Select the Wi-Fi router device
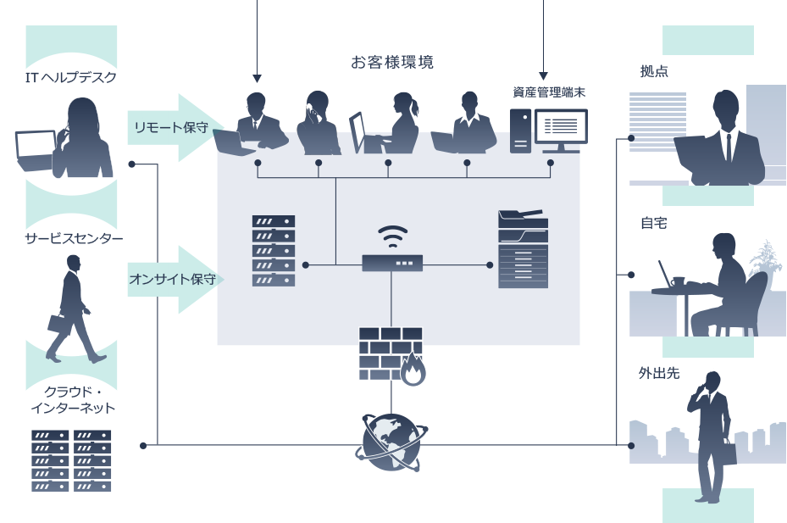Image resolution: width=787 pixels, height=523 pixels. pyautogui.click(x=391, y=262)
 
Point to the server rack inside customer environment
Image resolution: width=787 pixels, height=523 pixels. pyautogui.click(x=274, y=250)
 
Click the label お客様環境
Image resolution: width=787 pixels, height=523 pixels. pyautogui.click(x=392, y=63)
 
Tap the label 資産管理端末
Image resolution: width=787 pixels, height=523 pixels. pyautogui.click(x=548, y=92)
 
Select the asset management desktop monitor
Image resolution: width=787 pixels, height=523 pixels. pyautogui.click(x=559, y=129)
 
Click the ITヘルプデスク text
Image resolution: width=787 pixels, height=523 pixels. pyautogui.click(x=70, y=78)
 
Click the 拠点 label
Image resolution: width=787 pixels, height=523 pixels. pyautogui.click(x=654, y=72)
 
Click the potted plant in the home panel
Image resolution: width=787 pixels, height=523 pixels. pyautogui.click(x=766, y=258)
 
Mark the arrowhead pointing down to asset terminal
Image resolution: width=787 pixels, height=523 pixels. pyautogui.click(x=543, y=75)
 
